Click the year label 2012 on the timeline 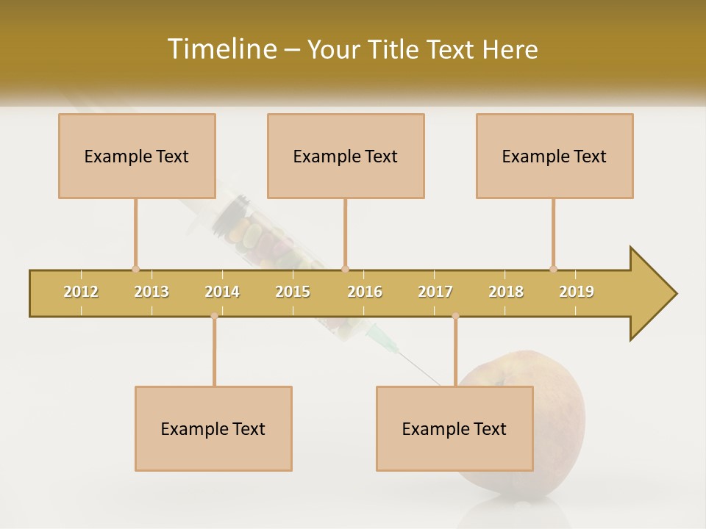click(81, 292)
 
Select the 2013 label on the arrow click(151, 292)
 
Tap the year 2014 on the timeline click(222, 292)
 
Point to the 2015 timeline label click(293, 292)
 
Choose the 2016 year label click(365, 292)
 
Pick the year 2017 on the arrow click(435, 292)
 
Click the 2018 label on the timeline click(506, 292)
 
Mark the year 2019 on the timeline click(577, 292)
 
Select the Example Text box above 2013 click(137, 156)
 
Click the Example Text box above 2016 click(346, 156)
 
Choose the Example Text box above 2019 click(555, 156)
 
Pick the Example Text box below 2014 click(213, 428)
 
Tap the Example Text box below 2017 click(454, 428)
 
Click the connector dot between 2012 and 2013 click(135, 269)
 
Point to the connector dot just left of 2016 click(345, 269)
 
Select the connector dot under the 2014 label click(214, 316)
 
